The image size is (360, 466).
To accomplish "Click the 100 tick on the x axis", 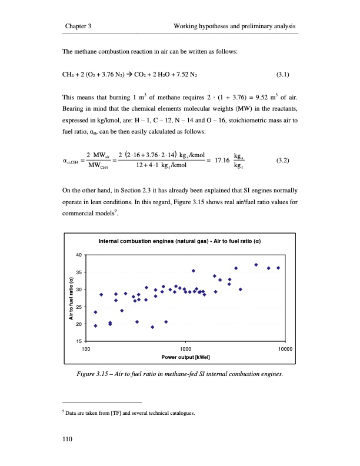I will click(x=85, y=349).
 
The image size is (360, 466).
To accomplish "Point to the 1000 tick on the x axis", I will click(x=185, y=349).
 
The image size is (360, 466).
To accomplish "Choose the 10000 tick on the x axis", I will click(x=285, y=349).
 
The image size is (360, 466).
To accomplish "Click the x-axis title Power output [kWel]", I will click(x=185, y=357).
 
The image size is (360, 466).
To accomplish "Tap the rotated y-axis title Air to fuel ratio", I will click(x=70, y=298).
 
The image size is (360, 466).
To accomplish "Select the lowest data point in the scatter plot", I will click(x=152, y=327).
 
